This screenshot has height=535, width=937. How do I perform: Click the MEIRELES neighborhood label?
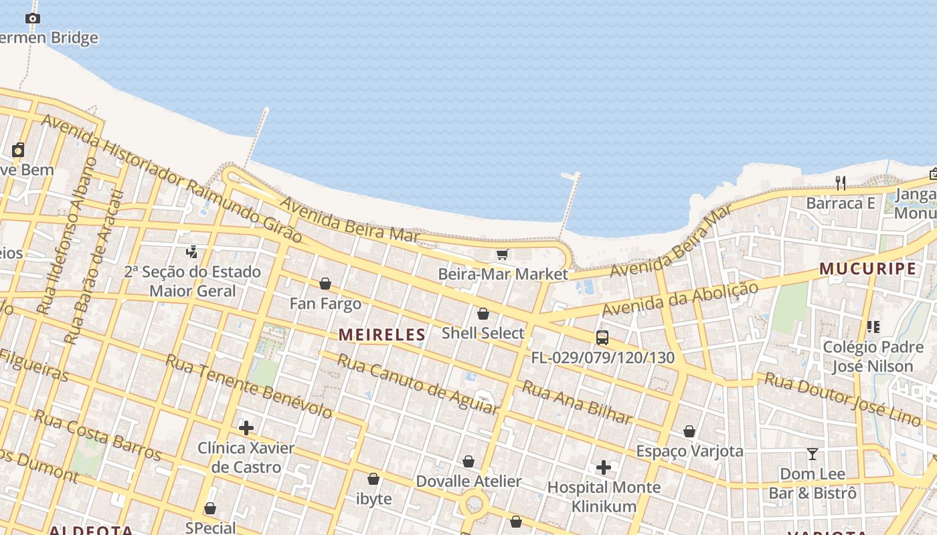pos(382,334)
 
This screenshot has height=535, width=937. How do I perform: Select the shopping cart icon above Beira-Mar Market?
pos(503,254)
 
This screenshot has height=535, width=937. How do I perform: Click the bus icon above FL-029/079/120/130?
pos(602,338)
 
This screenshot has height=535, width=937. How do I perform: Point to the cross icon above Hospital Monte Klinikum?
pos(604,467)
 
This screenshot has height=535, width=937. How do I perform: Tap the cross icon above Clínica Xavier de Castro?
pos(246,428)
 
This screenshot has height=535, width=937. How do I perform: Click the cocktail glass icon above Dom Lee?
pos(813,454)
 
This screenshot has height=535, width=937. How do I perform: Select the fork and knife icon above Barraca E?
pos(841,182)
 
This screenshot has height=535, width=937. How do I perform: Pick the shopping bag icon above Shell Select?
pos(483,314)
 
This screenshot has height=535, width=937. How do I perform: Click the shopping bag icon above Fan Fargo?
pos(325,284)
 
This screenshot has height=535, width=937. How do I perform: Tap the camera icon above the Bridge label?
pos(33,18)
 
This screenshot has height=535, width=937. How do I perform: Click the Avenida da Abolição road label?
pos(680,299)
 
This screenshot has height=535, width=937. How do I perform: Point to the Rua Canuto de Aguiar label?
pos(418,383)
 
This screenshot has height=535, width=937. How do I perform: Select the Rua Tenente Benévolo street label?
pos(248,387)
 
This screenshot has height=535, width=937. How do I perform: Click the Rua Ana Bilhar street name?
pos(577,403)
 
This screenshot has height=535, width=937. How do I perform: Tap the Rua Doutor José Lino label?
pos(843,399)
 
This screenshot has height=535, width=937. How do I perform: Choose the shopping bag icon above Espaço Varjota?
pos(689,431)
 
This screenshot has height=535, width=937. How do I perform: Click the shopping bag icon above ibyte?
pos(373,479)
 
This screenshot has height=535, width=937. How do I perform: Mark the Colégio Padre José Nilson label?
pos(873,356)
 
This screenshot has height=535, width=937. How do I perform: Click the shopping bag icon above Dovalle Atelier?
pos(468,461)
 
